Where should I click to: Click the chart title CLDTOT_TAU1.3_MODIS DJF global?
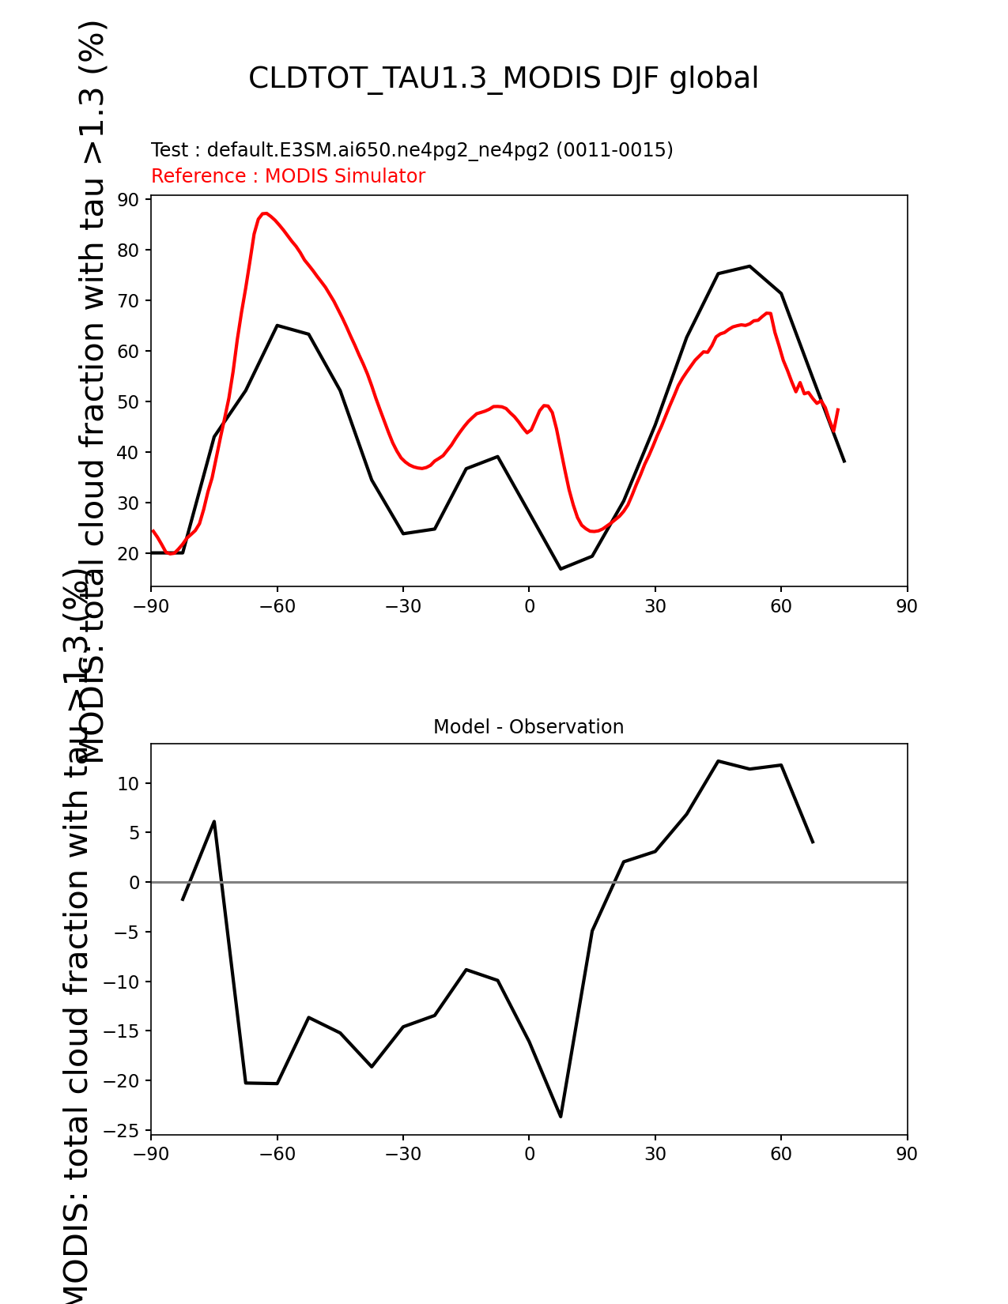tap(504, 78)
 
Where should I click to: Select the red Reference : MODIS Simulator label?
tap(288, 176)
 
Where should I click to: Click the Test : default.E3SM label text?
tap(412, 150)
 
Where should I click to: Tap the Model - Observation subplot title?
tap(528, 727)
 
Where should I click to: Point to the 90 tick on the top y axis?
tap(129, 199)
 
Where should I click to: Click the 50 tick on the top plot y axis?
tap(129, 401)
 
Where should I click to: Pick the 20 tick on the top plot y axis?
tap(129, 553)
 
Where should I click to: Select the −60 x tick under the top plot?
tap(277, 606)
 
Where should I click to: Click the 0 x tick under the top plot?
tap(529, 606)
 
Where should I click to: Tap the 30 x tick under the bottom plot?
tap(655, 1154)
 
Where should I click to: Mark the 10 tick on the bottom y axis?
tap(129, 783)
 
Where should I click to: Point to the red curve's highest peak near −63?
tap(266, 213)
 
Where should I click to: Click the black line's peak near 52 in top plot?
tap(749, 266)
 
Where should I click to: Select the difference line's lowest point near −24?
tap(561, 1116)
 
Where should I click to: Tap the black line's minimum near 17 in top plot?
tap(561, 569)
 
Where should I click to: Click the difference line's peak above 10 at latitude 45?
tap(718, 761)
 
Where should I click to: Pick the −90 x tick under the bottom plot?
tap(151, 1154)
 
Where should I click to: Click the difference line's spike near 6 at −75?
tap(214, 822)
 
